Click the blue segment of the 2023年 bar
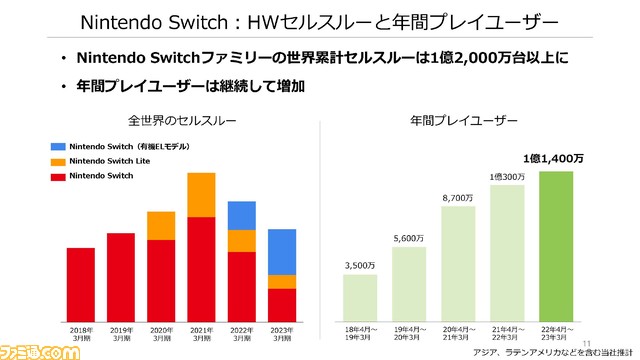click(281, 251)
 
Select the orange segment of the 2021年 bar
click(201, 194)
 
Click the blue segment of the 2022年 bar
click(241, 215)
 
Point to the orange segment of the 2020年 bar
click(161, 225)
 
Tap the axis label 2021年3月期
click(202, 333)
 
